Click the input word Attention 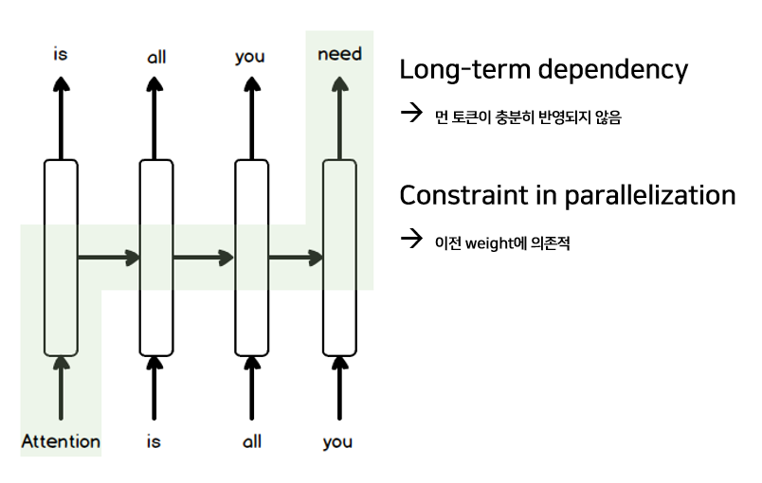click(x=61, y=441)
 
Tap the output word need click(x=339, y=54)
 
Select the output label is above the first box click(x=61, y=54)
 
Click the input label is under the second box click(x=154, y=441)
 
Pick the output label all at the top click(x=156, y=57)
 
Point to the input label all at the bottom click(x=252, y=441)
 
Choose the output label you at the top click(x=250, y=57)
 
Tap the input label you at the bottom click(x=337, y=442)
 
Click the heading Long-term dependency click(x=543, y=70)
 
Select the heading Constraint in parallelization click(x=567, y=195)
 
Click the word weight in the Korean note click(x=489, y=242)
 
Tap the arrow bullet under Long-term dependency click(x=411, y=113)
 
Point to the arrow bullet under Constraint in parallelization click(x=411, y=239)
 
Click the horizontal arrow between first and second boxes click(x=109, y=258)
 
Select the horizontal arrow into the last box click(x=296, y=258)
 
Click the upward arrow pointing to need click(x=339, y=118)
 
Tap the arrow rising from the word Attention click(x=61, y=387)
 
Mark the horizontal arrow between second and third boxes click(x=203, y=258)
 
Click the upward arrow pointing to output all click(x=154, y=118)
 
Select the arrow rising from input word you click(x=339, y=387)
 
